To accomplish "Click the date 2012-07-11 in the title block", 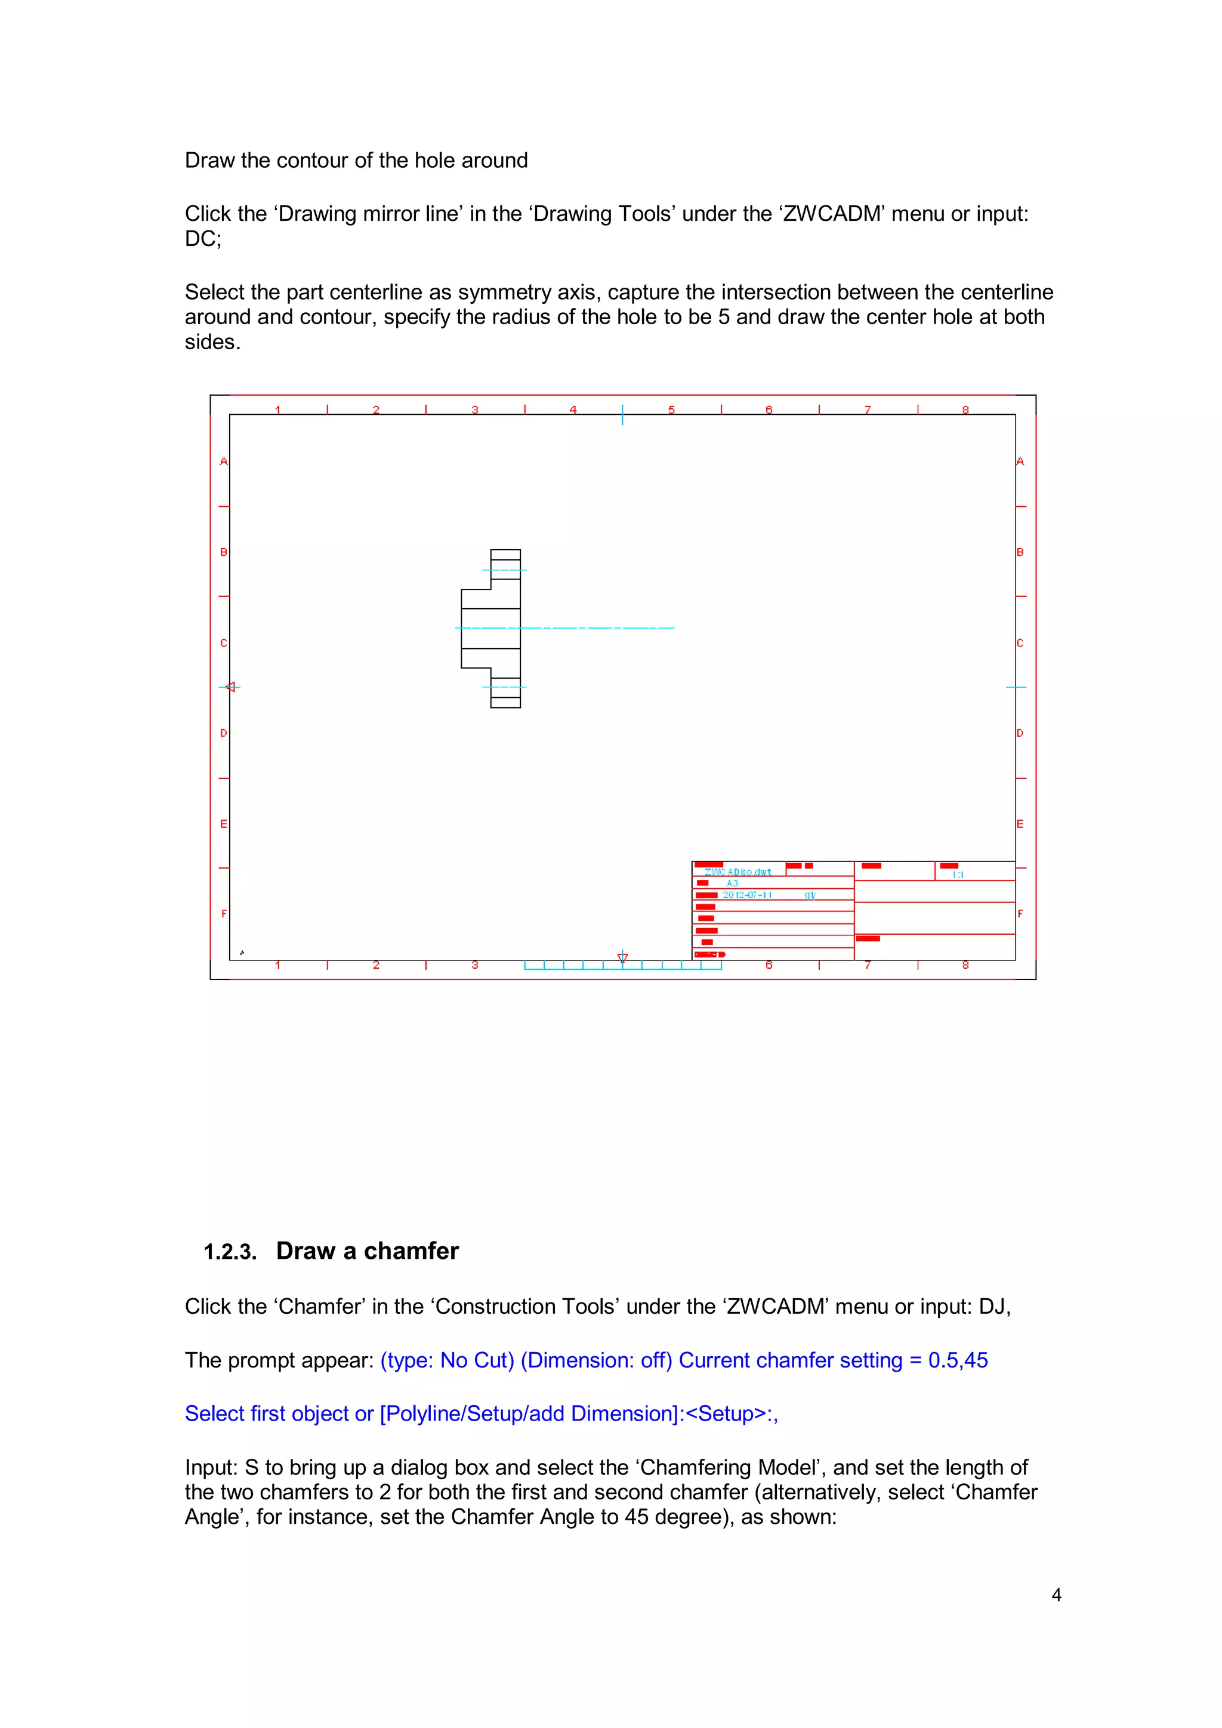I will pos(747,895).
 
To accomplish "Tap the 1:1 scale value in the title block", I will pos(957,874).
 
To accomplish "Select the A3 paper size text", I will pos(732,883).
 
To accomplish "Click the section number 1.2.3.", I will pos(230,1252).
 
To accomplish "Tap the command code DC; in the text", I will pos(203,239).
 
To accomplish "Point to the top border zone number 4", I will pos(573,409).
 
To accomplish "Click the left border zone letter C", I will pos(224,643).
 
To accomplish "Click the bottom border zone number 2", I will pos(377,965).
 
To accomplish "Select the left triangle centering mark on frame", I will pos(230,686).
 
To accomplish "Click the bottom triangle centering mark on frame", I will pos(622,957).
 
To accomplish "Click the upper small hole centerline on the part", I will pos(504,569).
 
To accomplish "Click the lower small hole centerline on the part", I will pos(504,687).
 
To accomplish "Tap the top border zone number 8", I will pos(965,409).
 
